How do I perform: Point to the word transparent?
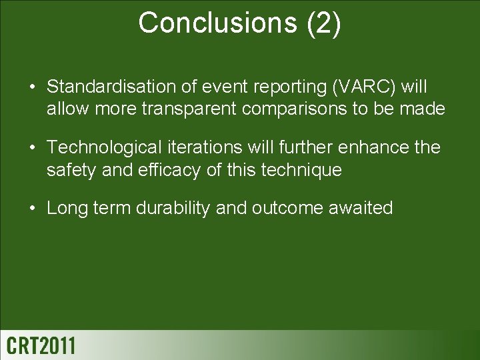pyautogui.click(x=189, y=109)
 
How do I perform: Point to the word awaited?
pyautogui.click(x=361, y=208)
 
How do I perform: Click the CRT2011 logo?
pyautogui.click(x=41, y=345)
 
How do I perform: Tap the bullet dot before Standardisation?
pyautogui.click(x=32, y=87)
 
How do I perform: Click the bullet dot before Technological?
pyautogui.click(x=32, y=148)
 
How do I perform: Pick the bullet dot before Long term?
pyautogui.click(x=32, y=209)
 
